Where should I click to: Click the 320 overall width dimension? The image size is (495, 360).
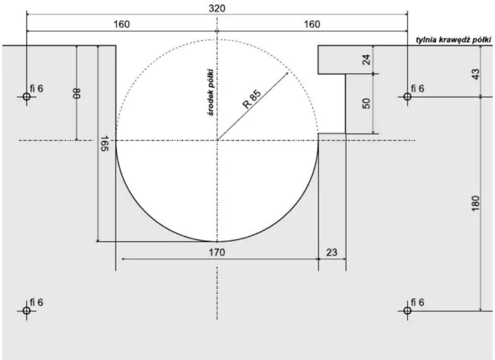[217, 9]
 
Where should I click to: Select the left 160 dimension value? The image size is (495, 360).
[122, 24]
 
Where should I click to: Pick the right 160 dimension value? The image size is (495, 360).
[312, 24]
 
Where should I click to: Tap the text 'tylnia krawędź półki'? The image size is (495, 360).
[454, 40]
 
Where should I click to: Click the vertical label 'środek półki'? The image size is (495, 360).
[211, 92]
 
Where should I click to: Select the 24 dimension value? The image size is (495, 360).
[367, 59]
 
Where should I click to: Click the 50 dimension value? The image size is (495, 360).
[367, 103]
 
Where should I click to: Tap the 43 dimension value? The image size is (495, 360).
[476, 74]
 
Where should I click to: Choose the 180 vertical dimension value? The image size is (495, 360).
[476, 203]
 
